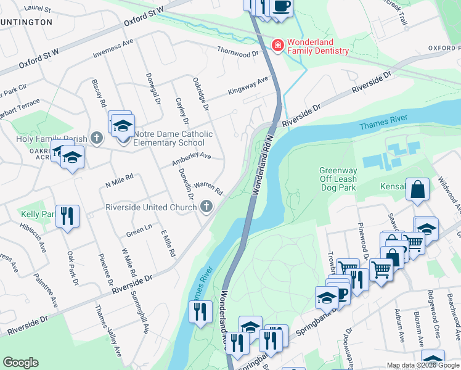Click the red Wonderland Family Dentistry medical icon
tap(278, 46)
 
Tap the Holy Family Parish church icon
tap(97, 138)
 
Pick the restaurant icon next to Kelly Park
tap(67, 216)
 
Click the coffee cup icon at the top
tap(282, 7)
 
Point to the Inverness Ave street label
tap(113, 50)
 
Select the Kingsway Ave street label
tap(249, 85)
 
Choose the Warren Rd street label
tap(208, 186)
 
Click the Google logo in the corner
tap(20, 363)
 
